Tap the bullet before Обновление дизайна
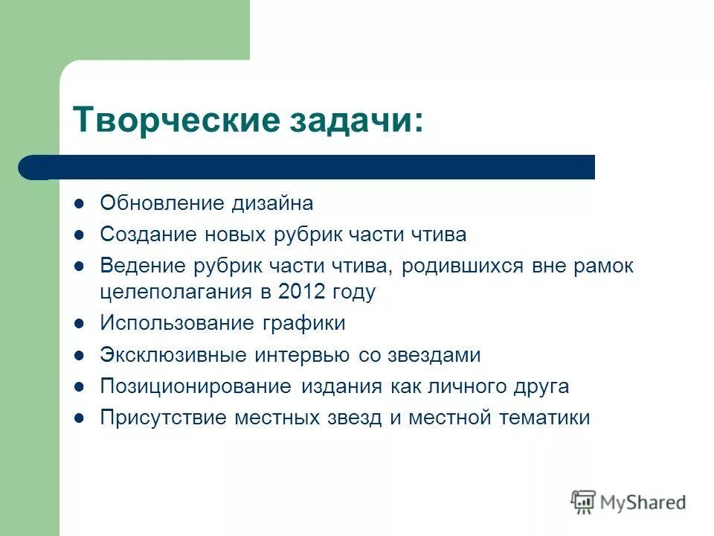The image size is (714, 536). click(x=80, y=203)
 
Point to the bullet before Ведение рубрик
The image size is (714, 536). click(x=80, y=267)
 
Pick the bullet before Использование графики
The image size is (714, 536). click(x=80, y=324)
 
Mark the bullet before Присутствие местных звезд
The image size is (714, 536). click(x=80, y=418)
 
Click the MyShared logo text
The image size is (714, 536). click(x=644, y=502)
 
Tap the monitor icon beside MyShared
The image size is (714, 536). click(x=584, y=501)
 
